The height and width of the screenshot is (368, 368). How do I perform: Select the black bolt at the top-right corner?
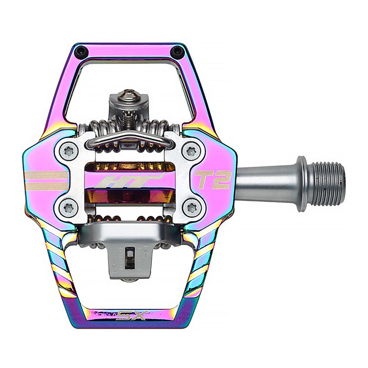[x=177, y=52]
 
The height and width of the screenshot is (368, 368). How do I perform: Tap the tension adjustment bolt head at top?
[x=129, y=95]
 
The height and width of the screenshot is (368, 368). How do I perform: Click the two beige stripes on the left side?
[x=46, y=181]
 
